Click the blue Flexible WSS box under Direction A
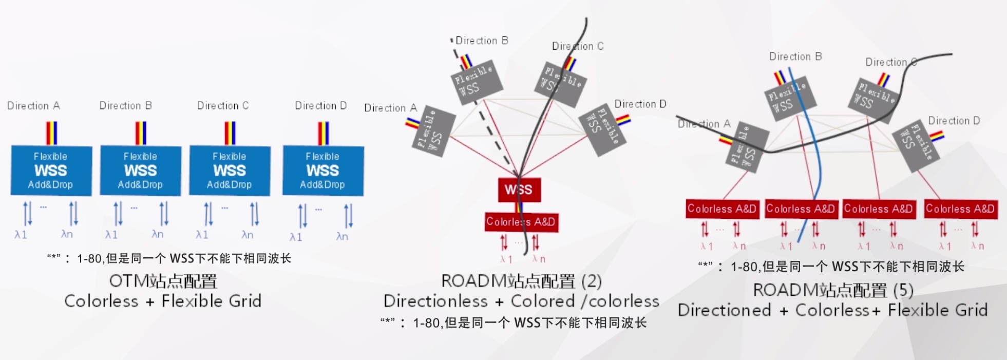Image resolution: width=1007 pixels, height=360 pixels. tap(51, 170)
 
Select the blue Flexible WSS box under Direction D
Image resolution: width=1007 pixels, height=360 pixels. tap(322, 170)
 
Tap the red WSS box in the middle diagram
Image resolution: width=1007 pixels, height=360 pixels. tap(519, 190)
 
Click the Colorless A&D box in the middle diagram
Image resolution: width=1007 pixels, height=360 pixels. tap(521, 222)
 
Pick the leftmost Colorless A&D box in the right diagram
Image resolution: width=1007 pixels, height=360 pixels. tap(721, 209)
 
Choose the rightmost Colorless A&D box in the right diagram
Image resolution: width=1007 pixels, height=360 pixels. tap(960, 209)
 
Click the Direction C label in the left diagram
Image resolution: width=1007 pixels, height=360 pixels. tap(223, 106)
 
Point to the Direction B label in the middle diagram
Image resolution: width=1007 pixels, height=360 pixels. tap(481, 41)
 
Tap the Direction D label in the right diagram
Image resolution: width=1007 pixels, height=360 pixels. tap(954, 121)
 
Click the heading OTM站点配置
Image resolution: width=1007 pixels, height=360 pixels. tap(163, 281)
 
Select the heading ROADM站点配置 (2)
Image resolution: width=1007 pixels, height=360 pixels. tap(521, 281)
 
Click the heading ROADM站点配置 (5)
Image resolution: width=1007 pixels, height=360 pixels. tap(832, 291)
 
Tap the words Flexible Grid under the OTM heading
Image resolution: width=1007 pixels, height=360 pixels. tap(212, 301)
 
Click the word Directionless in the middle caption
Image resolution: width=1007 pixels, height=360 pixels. tap(435, 301)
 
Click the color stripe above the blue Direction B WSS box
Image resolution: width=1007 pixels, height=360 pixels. tap(140, 133)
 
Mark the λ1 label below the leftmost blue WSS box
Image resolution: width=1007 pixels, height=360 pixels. tap(21, 235)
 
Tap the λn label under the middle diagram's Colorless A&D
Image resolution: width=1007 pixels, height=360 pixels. tap(538, 258)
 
